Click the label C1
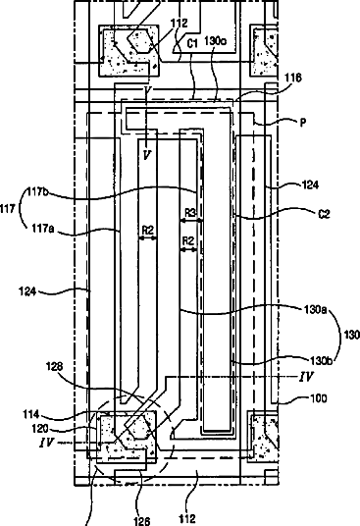[192, 44]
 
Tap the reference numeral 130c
[215, 41]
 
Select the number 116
[293, 78]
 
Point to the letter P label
[303, 123]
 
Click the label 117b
[38, 192]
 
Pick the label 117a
[43, 229]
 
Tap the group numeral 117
[8, 209]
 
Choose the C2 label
[324, 214]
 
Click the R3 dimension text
[190, 212]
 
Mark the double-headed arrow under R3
[190, 221]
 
